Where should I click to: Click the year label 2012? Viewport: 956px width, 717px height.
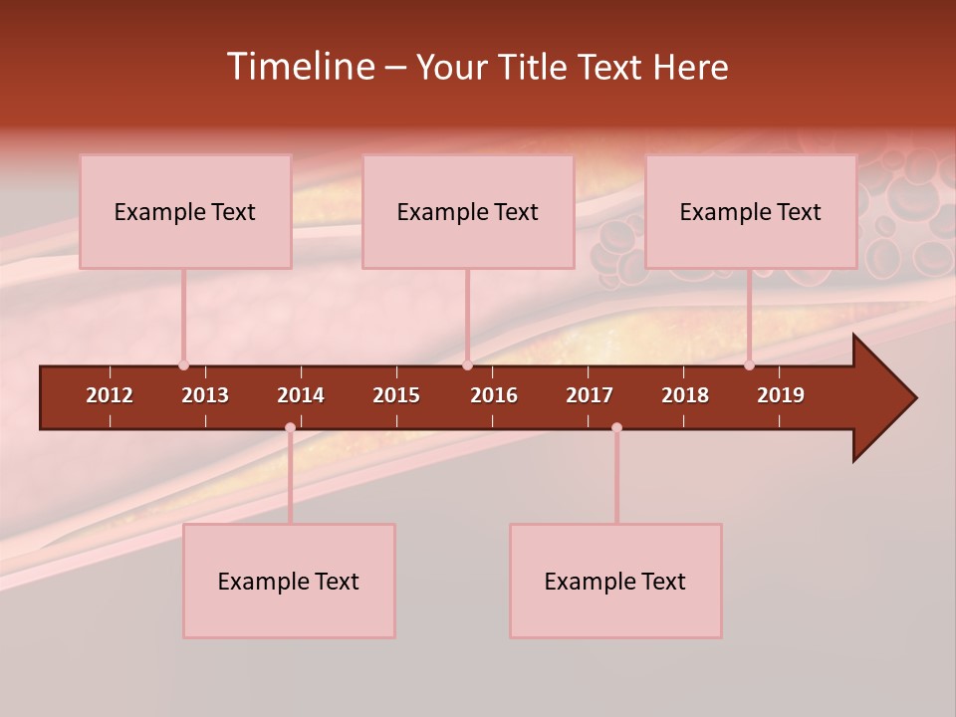point(110,395)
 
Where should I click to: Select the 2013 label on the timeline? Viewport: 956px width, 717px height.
point(205,395)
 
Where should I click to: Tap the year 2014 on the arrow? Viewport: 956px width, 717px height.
point(301,395)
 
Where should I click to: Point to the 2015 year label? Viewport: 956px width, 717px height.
point(396,395)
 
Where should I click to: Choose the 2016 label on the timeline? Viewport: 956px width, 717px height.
point(494,395)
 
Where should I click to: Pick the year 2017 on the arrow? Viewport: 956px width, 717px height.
point(590,395)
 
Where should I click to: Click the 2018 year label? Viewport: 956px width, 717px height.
point(685,395)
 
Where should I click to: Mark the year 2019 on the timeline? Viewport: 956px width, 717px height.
point(781,395)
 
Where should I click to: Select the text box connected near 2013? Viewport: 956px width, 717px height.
point(185,211)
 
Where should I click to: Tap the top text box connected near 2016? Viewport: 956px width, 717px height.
point(468,211)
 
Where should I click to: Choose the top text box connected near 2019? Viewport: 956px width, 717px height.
point(751,211)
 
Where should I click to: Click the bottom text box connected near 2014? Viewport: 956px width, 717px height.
point(289,581)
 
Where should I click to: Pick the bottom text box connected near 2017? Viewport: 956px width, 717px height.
point(615,581)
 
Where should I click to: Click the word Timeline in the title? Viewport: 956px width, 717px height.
point(300,67)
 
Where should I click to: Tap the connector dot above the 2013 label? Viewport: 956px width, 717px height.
point(184,365)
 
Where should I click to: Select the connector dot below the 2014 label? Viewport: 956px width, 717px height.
point(290,428)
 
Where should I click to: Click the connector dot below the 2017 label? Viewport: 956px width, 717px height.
point(616,428)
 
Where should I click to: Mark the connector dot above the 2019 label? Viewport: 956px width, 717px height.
point(750,365)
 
